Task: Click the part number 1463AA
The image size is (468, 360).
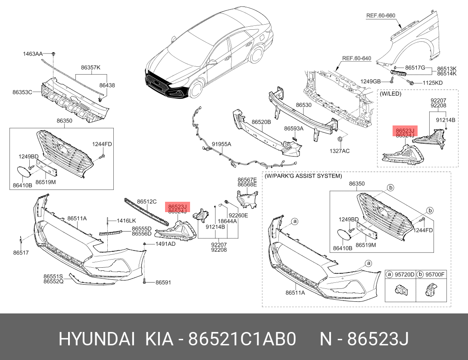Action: point(33,54)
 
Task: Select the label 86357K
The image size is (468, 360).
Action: point(90,67)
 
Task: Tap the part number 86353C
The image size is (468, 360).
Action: point(22,92)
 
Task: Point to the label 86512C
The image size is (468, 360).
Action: point(147,201)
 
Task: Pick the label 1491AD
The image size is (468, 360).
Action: point(165,244)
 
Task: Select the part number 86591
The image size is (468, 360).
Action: point(163,283)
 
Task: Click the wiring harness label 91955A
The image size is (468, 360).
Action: point(222,144)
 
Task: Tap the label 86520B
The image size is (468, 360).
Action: point(261,122)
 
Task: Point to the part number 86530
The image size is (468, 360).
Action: point(303,105)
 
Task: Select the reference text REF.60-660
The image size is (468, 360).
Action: point(381,16)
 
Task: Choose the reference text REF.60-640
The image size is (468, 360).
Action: point(356,58)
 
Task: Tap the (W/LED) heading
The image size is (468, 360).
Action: point(390,93)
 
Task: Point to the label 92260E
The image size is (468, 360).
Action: point(238,215)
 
